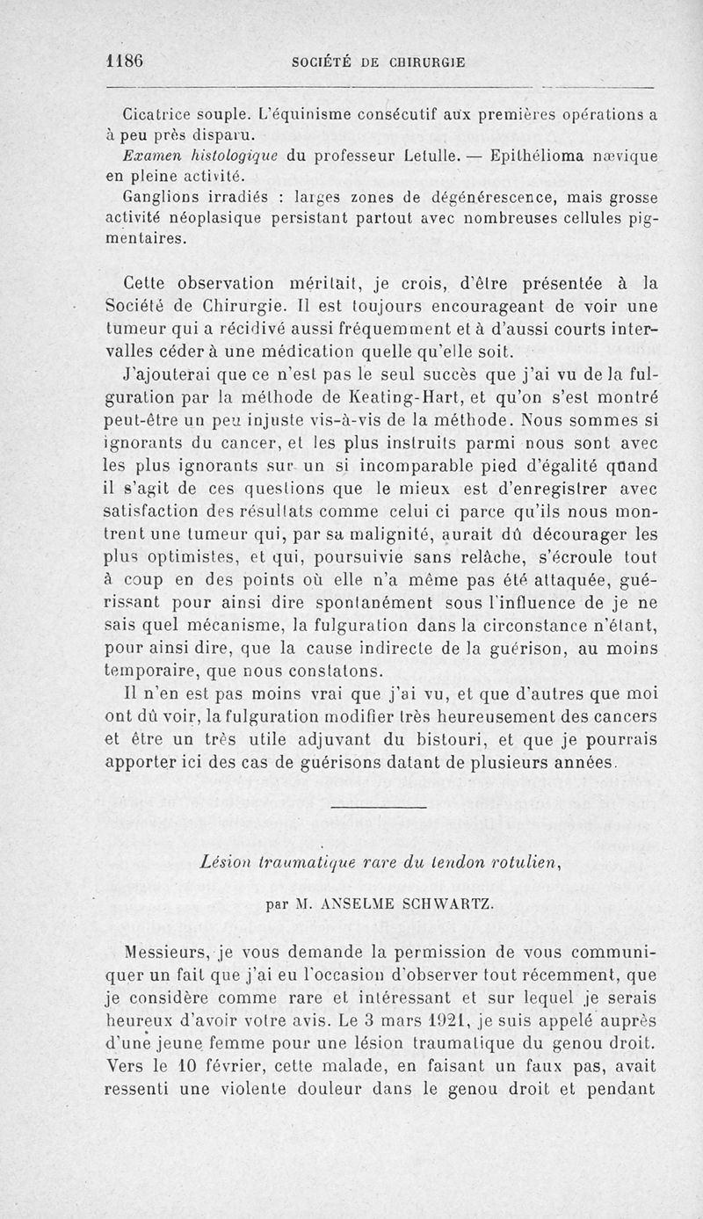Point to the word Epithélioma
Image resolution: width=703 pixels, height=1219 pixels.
539,156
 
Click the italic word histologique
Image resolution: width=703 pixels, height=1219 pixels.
222,156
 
